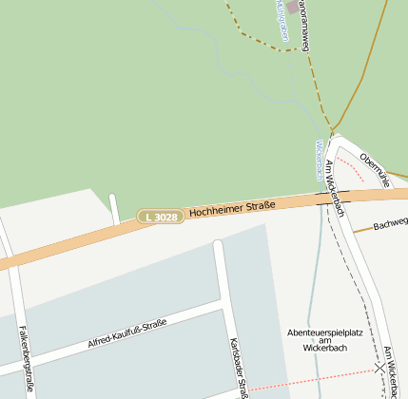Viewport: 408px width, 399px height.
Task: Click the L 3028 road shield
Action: click(159, 218)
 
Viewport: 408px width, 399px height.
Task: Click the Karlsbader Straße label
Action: click(238, 367)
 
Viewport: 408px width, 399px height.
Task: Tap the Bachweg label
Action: click(390, 225)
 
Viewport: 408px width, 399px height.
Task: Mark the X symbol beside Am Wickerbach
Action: click(380, 366)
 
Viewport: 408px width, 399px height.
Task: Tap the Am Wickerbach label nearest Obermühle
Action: click(334, 188)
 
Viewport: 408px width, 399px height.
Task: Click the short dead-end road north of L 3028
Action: click(114, 209)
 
